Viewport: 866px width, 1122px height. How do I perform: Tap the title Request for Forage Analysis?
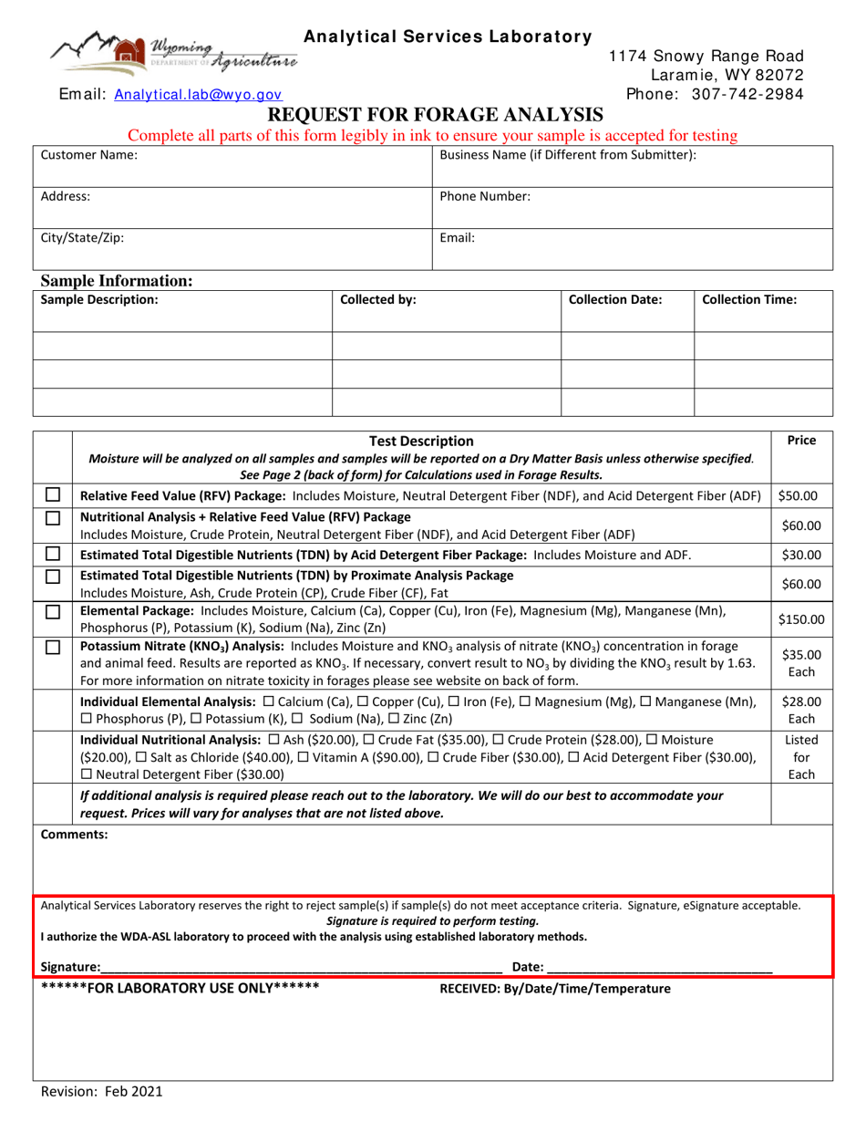click(x=434, y=115)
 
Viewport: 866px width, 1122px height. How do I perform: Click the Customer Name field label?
click(x=89, y=156)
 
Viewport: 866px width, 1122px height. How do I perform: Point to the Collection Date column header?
click(x=615, y=299)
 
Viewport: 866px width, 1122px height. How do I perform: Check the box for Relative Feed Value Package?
click(x=53, y=495)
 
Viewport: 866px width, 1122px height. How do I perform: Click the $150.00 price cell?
click(x=800, y=619)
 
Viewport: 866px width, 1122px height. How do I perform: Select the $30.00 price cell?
click(x=800, y=554)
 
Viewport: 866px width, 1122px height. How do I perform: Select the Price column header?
click(x=800, y=441)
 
